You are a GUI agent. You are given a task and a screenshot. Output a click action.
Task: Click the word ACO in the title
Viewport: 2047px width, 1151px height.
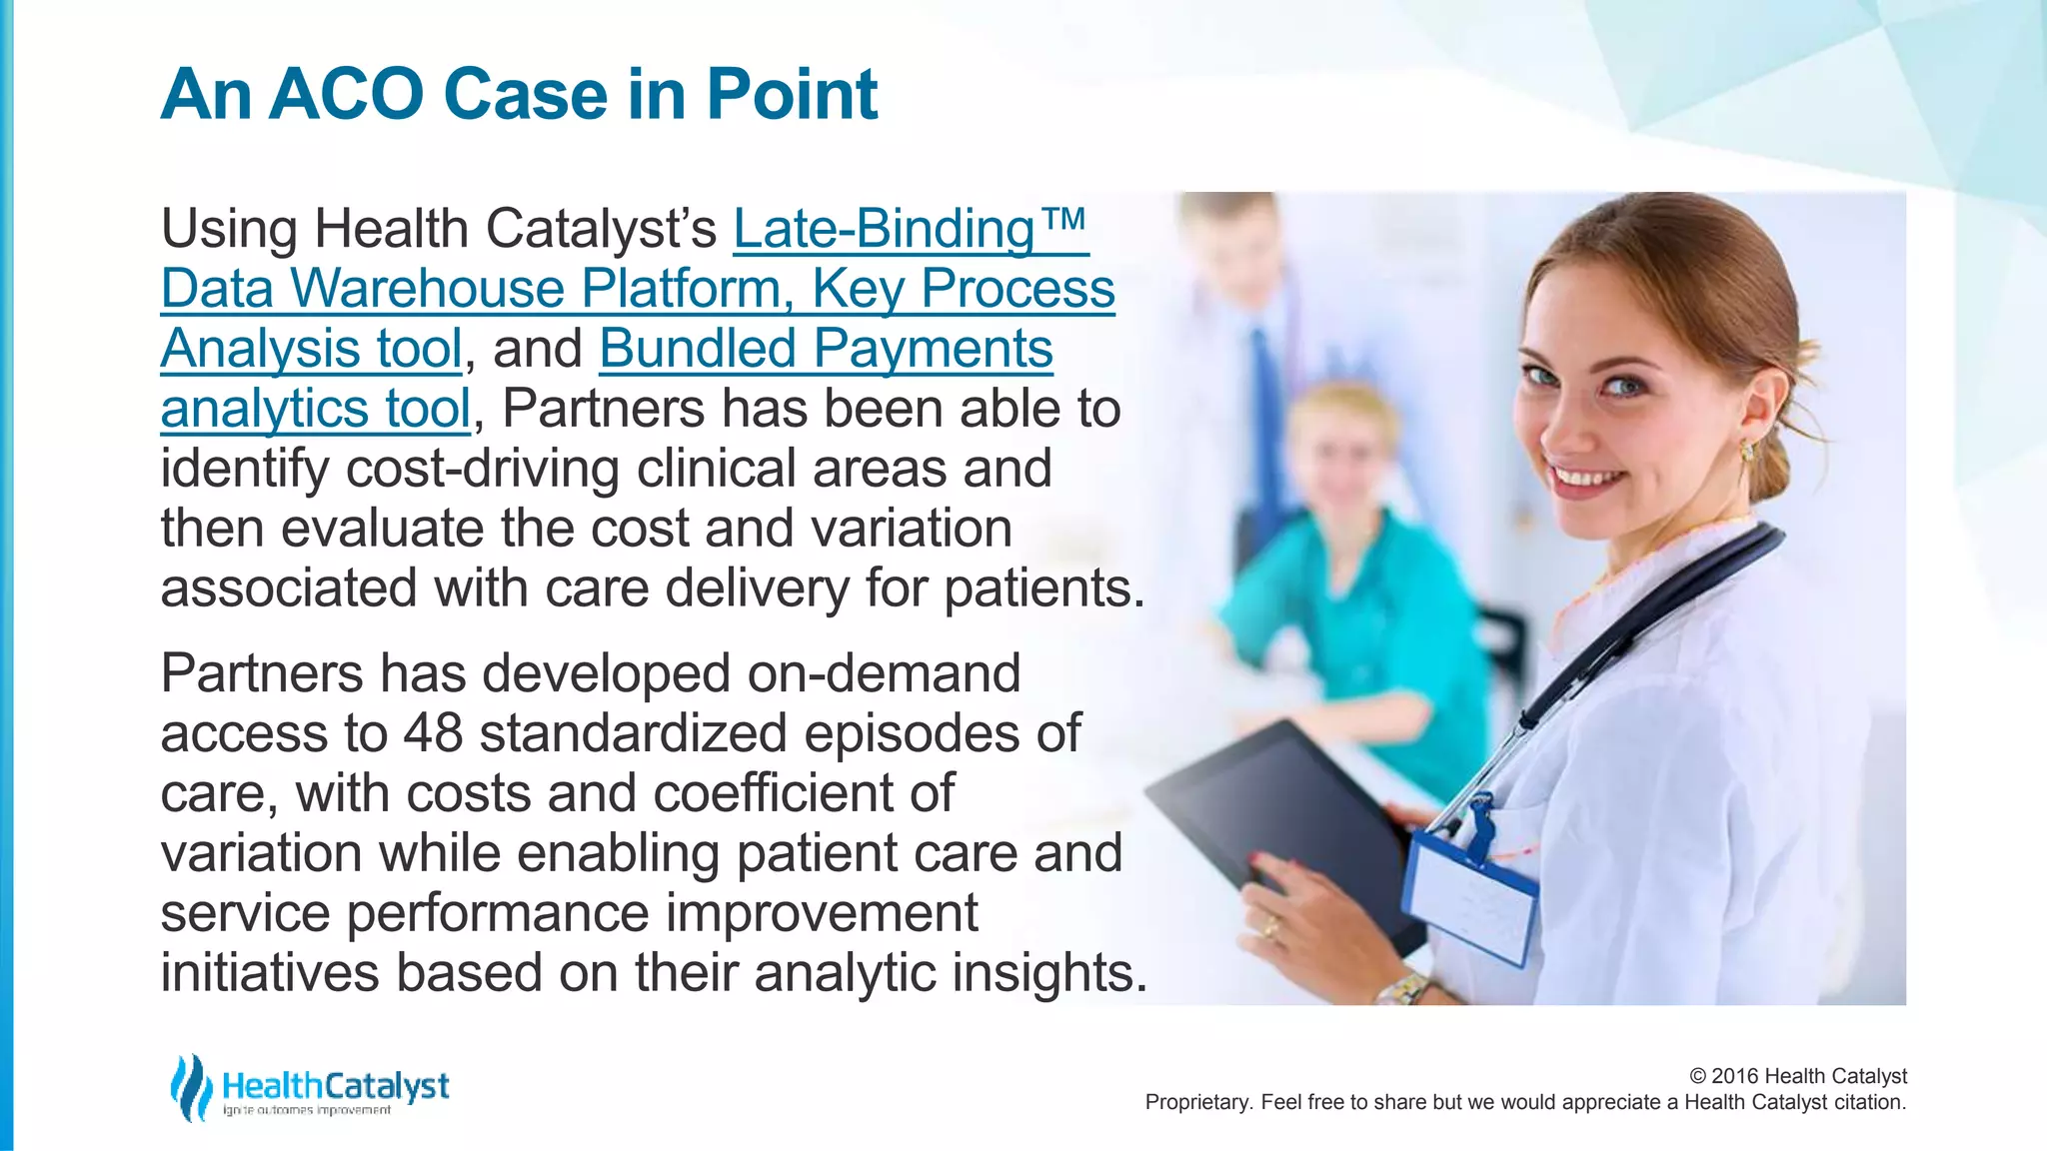pos(347,95)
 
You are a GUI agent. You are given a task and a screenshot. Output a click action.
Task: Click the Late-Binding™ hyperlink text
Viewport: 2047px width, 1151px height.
pos(909,229)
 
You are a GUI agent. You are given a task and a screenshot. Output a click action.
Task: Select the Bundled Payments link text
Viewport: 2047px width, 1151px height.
pos(826,349)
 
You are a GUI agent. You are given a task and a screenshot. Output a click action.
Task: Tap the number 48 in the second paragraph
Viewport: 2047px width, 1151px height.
pos(433,733)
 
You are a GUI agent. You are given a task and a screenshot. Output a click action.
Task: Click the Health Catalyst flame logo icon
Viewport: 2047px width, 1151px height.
pos(190,1087)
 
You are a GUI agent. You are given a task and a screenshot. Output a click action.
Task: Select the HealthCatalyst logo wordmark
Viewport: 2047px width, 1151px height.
pos(335,1086)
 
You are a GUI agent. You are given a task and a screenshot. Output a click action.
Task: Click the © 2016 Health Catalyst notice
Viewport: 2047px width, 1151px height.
pos(1797,1076)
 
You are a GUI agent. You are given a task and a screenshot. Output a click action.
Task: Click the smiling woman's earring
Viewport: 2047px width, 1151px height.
pos(1746,451)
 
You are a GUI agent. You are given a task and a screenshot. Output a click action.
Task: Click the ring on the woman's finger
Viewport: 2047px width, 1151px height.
pos(1270,929)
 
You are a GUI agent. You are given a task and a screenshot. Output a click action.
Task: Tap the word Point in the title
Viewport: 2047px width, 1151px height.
pos(792,95)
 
